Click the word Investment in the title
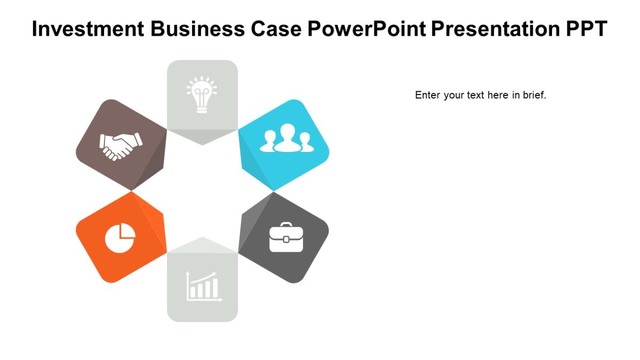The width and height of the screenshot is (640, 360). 88,29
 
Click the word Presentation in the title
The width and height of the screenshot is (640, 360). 495,29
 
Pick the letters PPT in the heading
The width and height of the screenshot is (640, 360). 586,29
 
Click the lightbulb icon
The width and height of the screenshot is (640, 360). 202,94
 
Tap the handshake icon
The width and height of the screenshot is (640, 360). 121,145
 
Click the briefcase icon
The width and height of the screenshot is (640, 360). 286,237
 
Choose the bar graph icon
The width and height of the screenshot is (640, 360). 203,287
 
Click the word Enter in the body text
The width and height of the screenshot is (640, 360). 427,95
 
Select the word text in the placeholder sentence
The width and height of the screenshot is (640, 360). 475,95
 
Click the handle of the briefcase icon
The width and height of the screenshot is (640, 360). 286,225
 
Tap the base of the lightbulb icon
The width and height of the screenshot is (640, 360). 202,109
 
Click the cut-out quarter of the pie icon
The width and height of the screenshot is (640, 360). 126,230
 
